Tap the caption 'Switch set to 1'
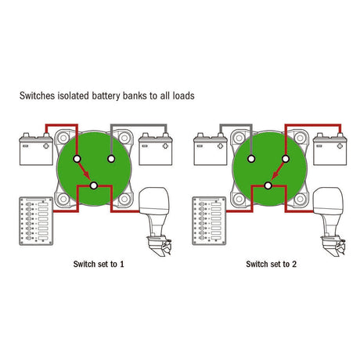[x=99, y=264]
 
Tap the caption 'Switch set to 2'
[x=272, y=264]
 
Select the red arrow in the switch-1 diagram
[x=85, y=171]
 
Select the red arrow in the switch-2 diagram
[x=278, y=171]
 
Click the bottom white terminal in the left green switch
[x=94, y=185]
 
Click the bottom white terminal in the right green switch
[x=268, y=185]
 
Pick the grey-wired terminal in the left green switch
[x=111, y=159]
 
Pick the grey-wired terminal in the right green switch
[x=251, y=159]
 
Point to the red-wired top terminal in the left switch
[x=77, y=159]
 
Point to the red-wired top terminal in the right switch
[x=286, y=159]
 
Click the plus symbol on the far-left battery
[x=46, y=146]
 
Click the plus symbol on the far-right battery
[x=340, y=146]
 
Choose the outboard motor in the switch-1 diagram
[x=155, y=221]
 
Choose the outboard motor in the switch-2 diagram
[x=329, y=221]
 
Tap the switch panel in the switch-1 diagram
[x=36, y=221]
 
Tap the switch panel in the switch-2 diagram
[x=209, y=221]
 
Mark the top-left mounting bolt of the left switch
[x=63, y=138]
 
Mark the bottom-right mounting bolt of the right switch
[x=300, y=199]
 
